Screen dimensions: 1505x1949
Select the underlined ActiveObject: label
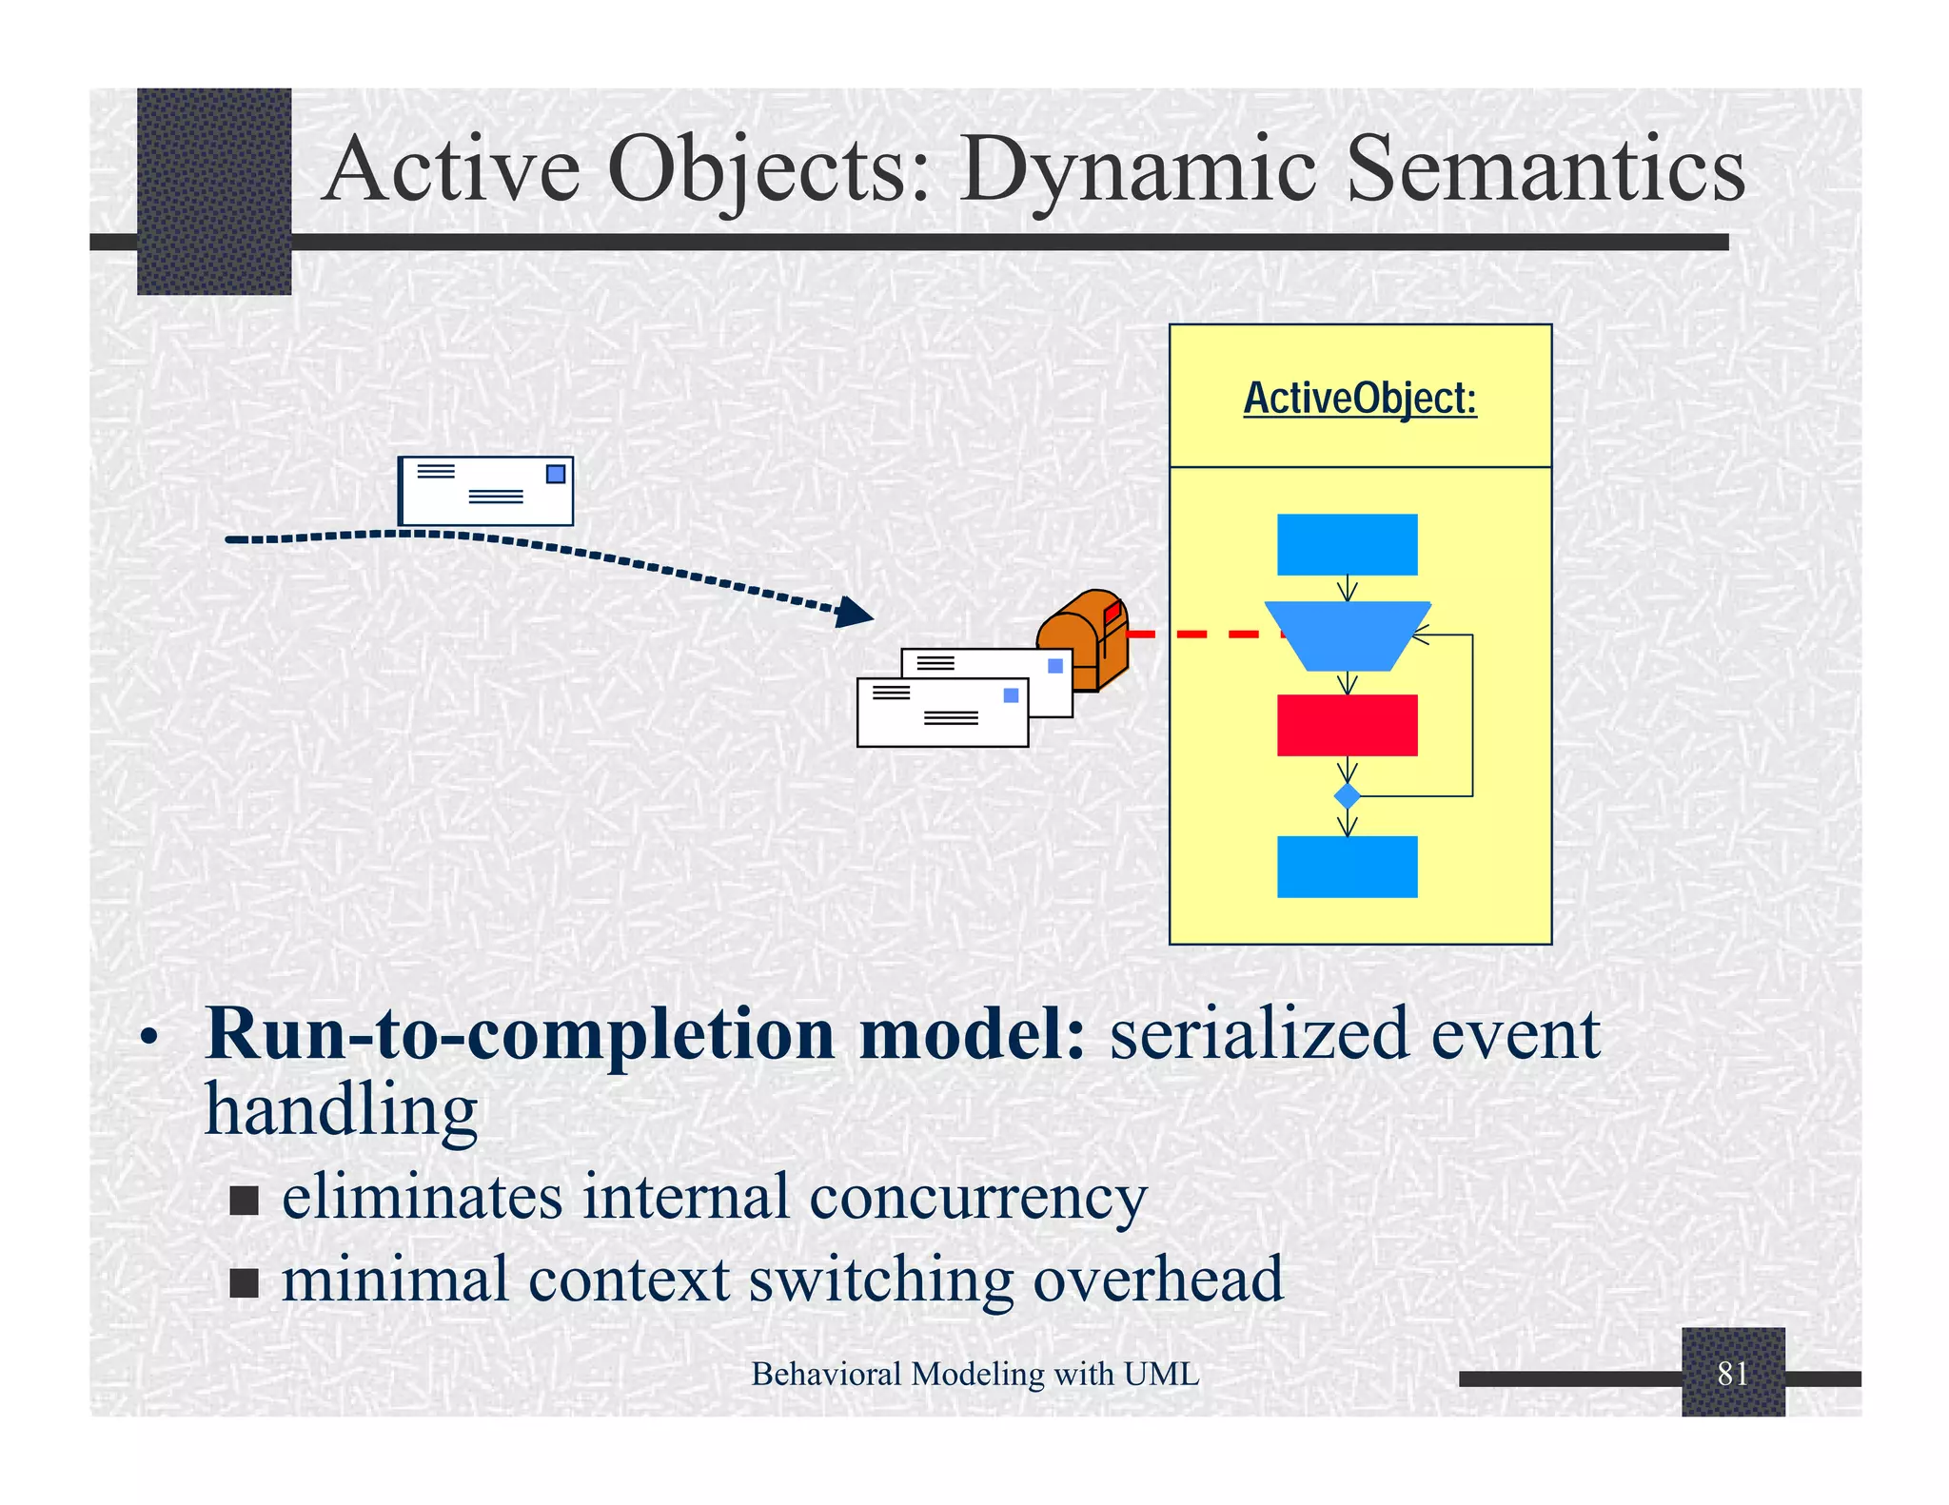coord(1360,398)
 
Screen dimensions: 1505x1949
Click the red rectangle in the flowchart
coord(1347,725)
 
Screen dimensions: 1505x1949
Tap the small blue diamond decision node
coord(1347,795)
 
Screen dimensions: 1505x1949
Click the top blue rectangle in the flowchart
coord(1347,544)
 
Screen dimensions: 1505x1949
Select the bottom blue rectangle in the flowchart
coord(1347,867)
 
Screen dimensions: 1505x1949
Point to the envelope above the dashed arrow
coord(486,491)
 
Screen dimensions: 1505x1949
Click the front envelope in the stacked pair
coord(942,713)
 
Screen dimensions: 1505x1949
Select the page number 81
coord(1732,1374)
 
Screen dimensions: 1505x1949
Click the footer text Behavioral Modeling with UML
coord(974,1374)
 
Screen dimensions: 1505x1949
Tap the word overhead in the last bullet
coord(1158,1279)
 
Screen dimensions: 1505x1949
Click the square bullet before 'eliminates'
coord(245,1201)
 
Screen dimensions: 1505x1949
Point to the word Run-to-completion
coord(519,1034)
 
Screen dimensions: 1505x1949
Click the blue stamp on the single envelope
coord(556,474)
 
